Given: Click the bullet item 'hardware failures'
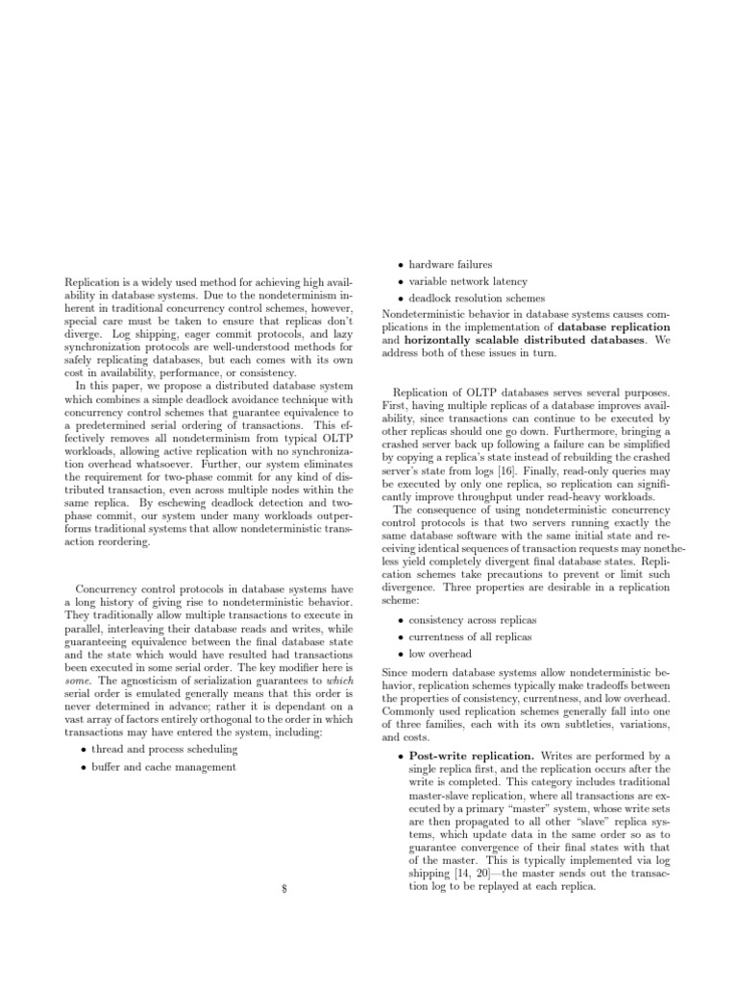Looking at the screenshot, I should pyautogui.click(x=450, y=264).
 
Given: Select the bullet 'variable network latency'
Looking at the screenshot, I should pyautogui.click(x=464, y=281).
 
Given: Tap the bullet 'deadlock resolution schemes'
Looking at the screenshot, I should pyautogui.click(x=470, y=299).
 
